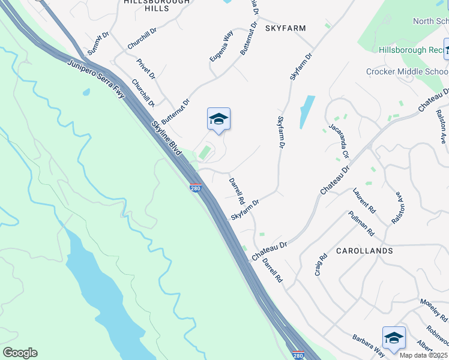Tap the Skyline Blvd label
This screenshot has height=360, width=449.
tap(166, 137)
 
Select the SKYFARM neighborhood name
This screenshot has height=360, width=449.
tap(285, 28)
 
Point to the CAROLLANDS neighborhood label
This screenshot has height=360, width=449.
tap(364, 250)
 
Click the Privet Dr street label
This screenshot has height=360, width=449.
tap(145, 69)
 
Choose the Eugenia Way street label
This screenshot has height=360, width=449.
tap(220, 46)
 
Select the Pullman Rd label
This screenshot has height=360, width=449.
tap(361, 223)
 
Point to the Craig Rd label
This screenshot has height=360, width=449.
tap(321, 265)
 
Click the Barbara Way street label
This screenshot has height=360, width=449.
tap(368, 345)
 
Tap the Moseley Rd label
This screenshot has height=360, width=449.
tap(434, 310)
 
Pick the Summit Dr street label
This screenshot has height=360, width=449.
tap(98, 43)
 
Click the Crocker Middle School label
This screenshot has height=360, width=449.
tap(407, 72)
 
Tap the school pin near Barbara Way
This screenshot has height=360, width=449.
tap(394, 338)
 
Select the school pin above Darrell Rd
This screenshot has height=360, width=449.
tap(218, 119)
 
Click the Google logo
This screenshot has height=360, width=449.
tap(20, 353)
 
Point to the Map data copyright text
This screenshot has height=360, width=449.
tap(423, 355)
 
